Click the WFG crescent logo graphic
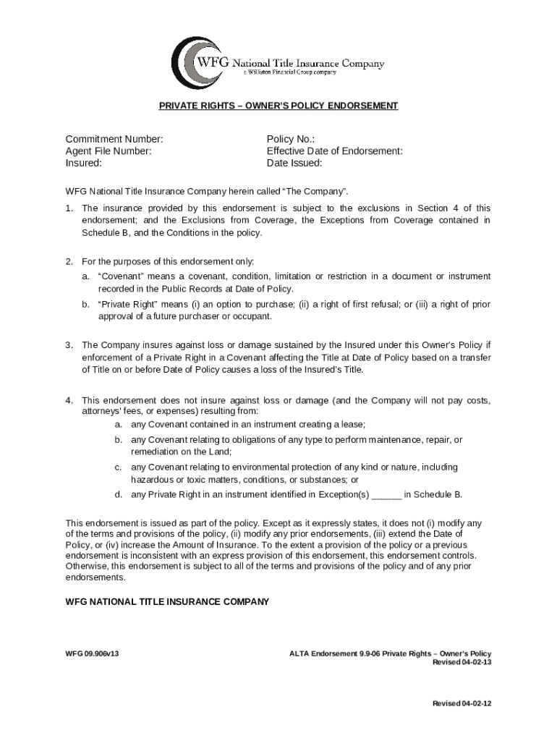coord(194,63)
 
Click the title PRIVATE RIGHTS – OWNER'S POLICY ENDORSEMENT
coord(278,106)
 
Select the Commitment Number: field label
coord(114,139)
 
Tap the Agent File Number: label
coord(109,151)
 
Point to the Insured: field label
coord(83,164)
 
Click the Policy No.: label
coord(291,139)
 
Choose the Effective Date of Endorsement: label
coord(334,151)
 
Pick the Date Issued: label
coord(294,164)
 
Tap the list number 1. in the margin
coord(69,208)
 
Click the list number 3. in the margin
coord(69,344)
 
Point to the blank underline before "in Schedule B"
coord(386,495)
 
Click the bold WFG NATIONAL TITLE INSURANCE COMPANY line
coord(167,601)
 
